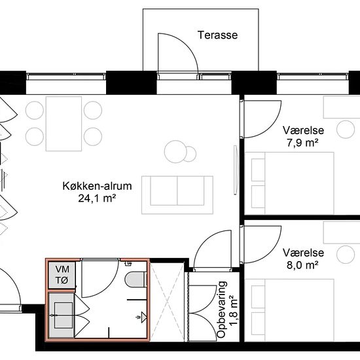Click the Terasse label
coord(218,35)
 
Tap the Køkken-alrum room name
coord(97,186)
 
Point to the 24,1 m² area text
coord(97,198)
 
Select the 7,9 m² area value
coord(302,143)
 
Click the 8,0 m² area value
coord(302,265)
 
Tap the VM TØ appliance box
coord(62,275)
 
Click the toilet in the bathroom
coord(135,279)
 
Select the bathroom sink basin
coord(63,315)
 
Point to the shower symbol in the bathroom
coord(141,317)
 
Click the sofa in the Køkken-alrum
coord(177,195)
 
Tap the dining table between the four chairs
coord(63,124)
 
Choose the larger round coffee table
coord(175,152)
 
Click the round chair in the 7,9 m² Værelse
coord(346,129)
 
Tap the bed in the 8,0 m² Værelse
coord(289,310)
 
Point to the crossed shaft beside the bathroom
coord(167,301)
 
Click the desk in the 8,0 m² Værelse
coord(342,233)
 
